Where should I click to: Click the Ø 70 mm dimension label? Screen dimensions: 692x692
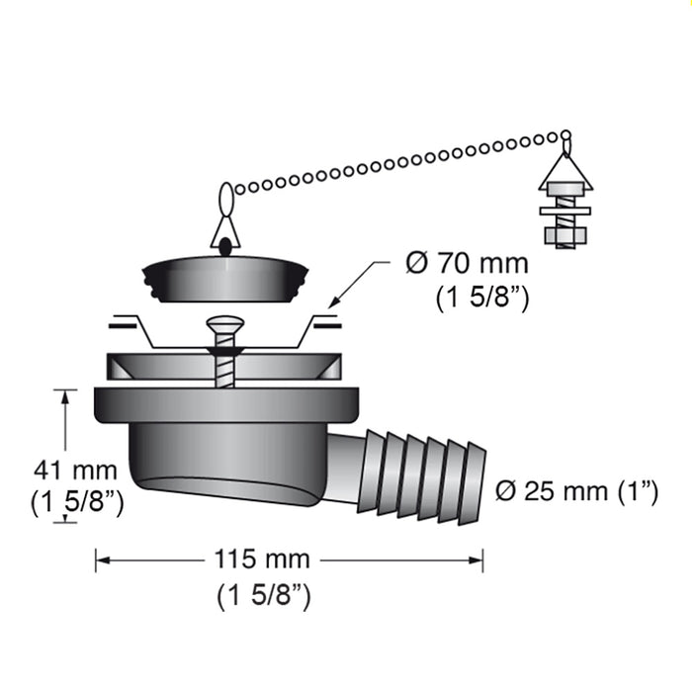[468, 264]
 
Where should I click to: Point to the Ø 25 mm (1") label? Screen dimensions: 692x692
[577, 491]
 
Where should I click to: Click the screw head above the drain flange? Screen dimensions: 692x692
[223, 325]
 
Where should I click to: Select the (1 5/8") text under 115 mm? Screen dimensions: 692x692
[263, 595]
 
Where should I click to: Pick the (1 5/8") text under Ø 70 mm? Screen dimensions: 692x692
[480, 298]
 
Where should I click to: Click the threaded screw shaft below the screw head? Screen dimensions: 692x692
[225, 366]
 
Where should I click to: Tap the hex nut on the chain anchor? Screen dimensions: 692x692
[563, 236]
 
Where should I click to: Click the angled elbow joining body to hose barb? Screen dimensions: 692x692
[345, 465]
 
